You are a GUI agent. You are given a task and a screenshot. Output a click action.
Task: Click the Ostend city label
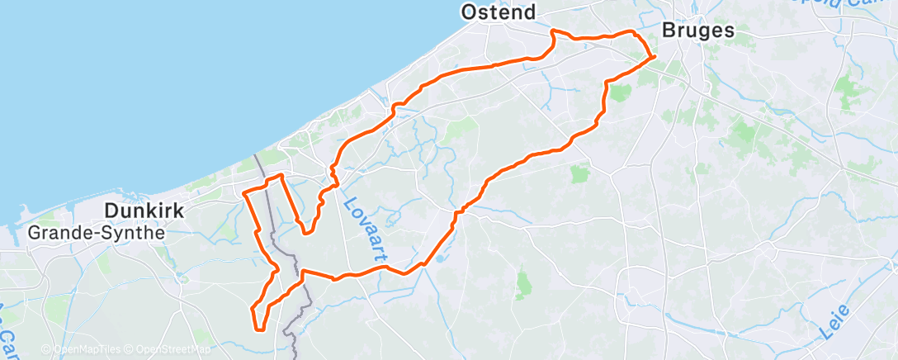[x=498, y=12]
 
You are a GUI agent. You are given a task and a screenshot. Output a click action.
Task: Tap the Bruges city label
[x=697, y=31]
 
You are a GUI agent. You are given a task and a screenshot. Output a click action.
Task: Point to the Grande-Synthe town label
[x=97, y=233]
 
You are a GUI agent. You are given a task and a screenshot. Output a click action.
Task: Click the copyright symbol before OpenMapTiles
[x=46, y=349]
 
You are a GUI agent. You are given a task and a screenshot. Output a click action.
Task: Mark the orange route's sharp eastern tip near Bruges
[x=655, y=56]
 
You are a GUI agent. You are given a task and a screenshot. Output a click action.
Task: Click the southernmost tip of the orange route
[x=261, y=330]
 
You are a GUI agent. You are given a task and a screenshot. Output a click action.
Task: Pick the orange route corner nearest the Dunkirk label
[x=244, y=192]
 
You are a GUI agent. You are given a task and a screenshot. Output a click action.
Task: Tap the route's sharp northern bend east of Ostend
[x=553, y=31]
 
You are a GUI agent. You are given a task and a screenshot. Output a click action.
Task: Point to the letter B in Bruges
[x=668, y=31]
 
